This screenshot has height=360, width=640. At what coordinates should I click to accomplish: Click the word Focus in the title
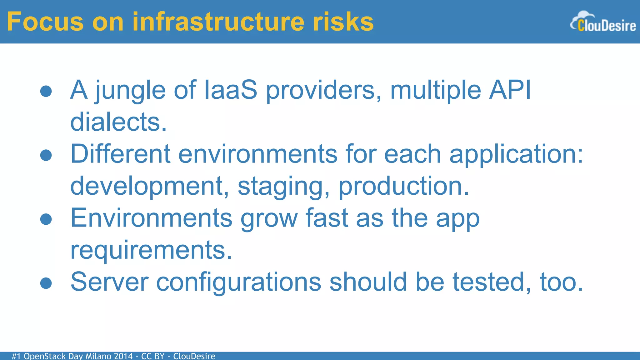tap(45, 22)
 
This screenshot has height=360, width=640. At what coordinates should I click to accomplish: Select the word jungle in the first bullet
tap(130, 91)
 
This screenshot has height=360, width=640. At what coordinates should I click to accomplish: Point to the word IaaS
tap(230, 90)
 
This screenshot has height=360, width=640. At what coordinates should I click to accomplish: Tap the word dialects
tap(118, 122)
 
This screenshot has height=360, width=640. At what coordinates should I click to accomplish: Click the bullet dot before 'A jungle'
tap(46, 91)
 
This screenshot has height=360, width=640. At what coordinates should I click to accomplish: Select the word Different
tap(120, 154)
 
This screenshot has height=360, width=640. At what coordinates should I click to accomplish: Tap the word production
tap(403, 187)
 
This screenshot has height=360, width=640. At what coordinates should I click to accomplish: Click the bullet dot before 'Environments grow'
tap(46, 219)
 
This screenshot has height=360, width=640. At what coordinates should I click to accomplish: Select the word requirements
tap(151, 251)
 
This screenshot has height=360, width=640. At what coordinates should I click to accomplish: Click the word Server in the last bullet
tap(109, 282)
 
